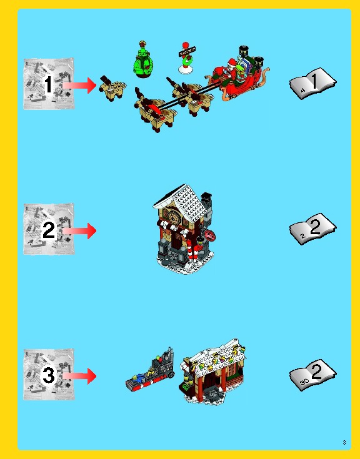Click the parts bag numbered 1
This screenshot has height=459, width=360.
coord(48,84)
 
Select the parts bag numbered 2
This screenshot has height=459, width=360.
coord(48,230)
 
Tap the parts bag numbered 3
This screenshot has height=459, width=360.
coord(48,375)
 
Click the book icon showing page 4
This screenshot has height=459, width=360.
coord(312,82)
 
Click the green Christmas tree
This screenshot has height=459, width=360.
coord(142,61)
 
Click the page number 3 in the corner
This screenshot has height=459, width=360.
coord(344,443)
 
